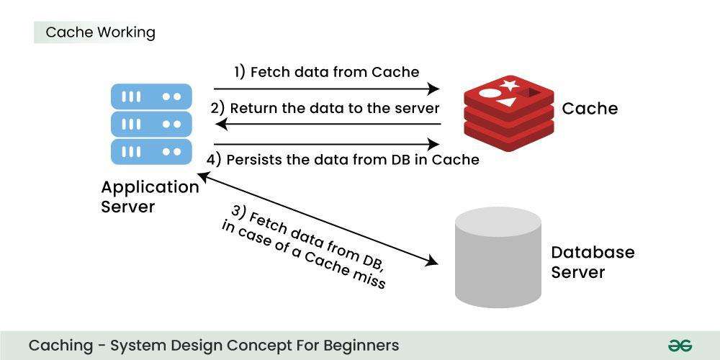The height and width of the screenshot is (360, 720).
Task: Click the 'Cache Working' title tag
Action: point(100,32)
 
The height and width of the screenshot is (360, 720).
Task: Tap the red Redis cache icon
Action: point(508,112)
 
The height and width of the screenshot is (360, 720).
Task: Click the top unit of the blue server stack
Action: point(151,96)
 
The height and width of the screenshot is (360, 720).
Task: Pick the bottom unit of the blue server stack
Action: point(151,152)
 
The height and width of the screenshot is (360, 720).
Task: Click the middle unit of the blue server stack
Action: point(151,124)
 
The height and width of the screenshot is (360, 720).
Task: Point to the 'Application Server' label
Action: point(150,197)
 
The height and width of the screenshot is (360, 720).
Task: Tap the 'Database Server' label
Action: point(593,263)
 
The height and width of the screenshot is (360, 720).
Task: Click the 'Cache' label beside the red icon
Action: point(590,109)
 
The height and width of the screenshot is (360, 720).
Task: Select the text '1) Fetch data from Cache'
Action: point(326,72)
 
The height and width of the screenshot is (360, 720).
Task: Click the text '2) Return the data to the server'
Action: point(325,108)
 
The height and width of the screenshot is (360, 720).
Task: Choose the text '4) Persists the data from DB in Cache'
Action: point(343,160)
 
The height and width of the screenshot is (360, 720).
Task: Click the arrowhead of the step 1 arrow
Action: point(434,89)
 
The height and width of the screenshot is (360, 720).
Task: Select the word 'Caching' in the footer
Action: point(60,346)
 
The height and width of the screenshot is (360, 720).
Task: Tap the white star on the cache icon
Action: point(510,86)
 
